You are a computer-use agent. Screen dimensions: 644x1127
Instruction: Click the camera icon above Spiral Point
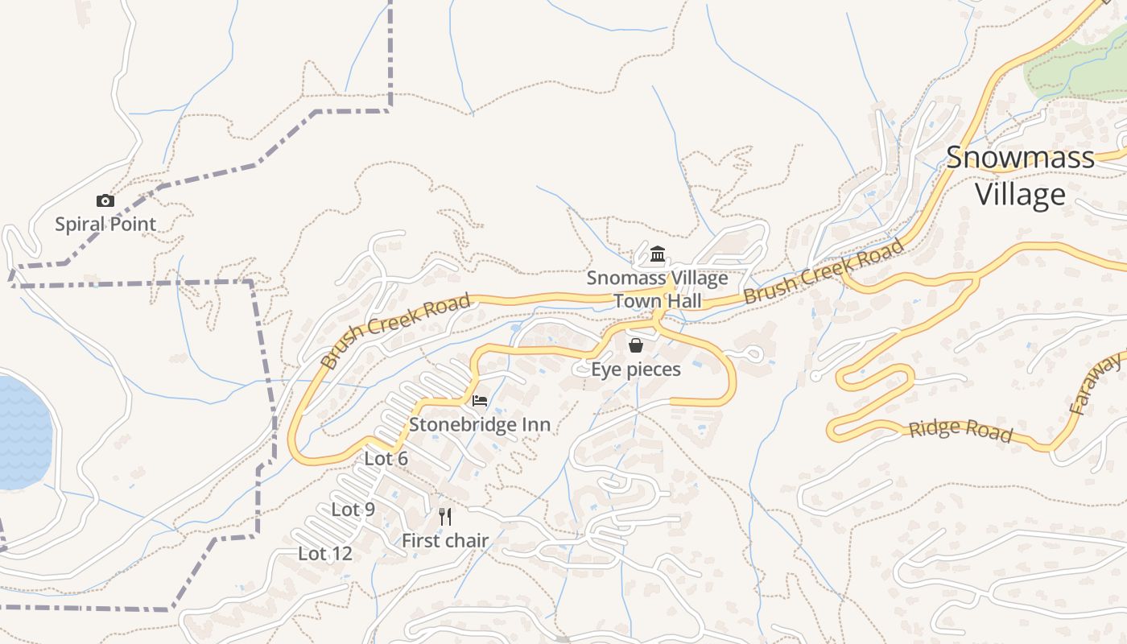coord(105,201)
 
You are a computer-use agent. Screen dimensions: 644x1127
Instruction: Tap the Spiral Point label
coord(105,224)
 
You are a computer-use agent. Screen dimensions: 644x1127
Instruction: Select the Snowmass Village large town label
coord(1020,175)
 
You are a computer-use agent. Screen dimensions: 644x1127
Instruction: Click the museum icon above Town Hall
coord(658,255)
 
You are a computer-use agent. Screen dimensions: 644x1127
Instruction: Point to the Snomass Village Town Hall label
coord(657,290)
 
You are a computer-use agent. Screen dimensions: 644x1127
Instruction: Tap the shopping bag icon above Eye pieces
coord(636,345)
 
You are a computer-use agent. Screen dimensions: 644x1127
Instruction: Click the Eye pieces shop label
coord(636,369)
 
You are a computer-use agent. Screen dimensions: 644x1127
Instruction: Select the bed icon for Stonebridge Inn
coord(480,400)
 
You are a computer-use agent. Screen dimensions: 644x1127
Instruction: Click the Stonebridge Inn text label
coord(480,424)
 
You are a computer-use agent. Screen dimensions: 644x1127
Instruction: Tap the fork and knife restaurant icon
coord(445,516)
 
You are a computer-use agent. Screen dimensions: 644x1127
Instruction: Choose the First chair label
coord(445,541)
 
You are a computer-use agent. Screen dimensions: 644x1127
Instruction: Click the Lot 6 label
coord(386,459)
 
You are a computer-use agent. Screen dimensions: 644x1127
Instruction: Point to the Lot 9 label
coord(353,510)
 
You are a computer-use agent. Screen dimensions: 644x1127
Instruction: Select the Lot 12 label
coord(325,554)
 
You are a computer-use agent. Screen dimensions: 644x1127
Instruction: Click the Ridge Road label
coord(960,430)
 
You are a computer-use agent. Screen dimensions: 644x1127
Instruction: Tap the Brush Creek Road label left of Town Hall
coord(394,332)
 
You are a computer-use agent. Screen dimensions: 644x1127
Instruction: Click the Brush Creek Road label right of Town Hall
coord(824,271)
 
